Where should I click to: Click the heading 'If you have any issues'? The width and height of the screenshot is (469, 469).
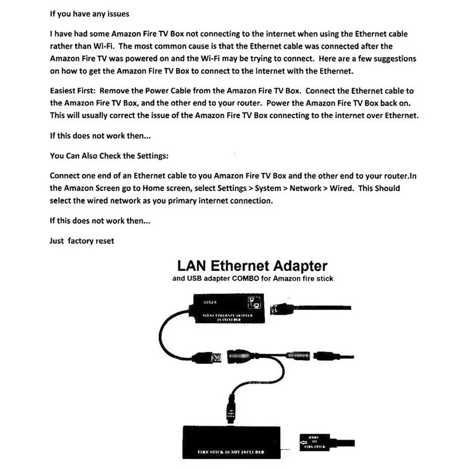click(x=89, y=14)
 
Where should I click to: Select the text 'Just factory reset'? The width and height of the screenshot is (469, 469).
click(x=82, y=241)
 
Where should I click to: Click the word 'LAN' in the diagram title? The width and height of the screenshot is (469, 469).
click(x=191, y=266)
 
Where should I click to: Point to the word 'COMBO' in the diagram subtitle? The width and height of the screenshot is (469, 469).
click(x=260, y=278)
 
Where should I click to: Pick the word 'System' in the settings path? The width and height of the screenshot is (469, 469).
click(x=268, y=188)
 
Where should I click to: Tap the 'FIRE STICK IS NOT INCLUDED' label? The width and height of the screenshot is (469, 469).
click(x=231, y=452)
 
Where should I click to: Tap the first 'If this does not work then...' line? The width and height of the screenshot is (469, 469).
click(x=100, y=136)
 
